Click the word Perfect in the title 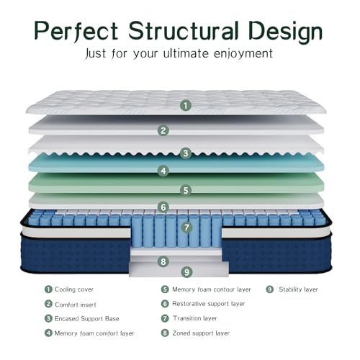point(76,31)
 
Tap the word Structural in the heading point(184,30)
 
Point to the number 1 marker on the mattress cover point(186,105)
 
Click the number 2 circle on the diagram point(163,130)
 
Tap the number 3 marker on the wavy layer point(186,153)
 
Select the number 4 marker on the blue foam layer point(163,171)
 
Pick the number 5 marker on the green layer point(186,190)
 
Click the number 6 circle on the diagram point(163,207)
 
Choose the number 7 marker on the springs point(186,228)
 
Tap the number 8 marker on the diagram point(163,261)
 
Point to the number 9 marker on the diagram point(186,272)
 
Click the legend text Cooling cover point(74,289)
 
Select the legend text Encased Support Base point(87,319)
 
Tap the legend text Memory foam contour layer point(212,289)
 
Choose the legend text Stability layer point(298,289)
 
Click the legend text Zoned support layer point(201,333)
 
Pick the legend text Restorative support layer point(209,304)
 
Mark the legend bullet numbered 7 point(165,318)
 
